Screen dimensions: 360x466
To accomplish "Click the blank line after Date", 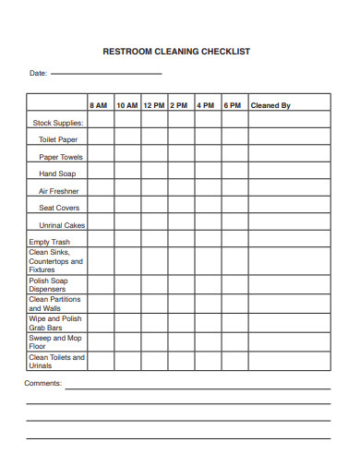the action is (106, 73).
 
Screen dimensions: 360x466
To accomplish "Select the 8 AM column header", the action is (100, 105).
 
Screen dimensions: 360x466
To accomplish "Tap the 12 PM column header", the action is (154, 105).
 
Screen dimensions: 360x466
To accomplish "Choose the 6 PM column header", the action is (233, 105).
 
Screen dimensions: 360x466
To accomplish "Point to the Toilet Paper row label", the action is (58, 138).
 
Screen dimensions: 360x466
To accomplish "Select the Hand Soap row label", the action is (57, 173).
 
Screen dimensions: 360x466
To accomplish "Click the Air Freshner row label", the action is (57, 190).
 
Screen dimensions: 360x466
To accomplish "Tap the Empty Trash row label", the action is (49, 242).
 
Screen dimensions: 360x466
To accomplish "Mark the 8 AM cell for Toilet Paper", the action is (100, 138).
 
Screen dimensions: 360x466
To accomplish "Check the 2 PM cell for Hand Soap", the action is (181, 173).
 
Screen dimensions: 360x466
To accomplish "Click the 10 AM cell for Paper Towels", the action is (127, 156).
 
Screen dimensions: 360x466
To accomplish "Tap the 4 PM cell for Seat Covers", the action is (208, 208).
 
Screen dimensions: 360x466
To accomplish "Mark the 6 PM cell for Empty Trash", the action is (234, 242).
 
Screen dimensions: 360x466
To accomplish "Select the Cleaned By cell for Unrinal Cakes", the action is (289, 224).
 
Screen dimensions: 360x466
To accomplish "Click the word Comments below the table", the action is (42, 382).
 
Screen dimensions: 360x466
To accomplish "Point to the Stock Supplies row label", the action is (58, 122).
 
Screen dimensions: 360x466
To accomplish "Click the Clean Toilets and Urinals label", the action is (56, 361).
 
